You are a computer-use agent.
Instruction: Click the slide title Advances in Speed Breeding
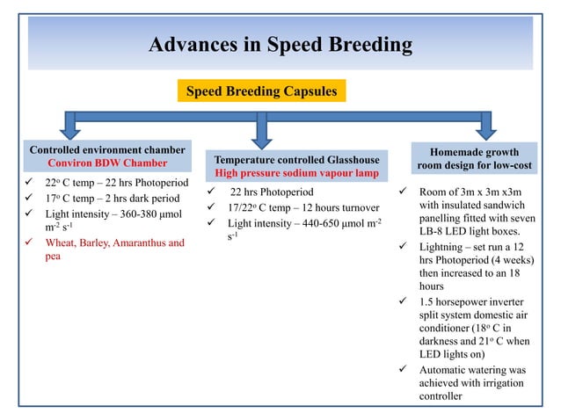pos(280,45)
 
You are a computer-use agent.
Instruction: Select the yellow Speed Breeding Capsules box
pos(260,91)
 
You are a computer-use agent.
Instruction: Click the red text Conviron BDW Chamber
pos(107,163)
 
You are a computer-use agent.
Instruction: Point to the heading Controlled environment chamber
pos(107,150)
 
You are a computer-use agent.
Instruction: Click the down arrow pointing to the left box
pos(69,128)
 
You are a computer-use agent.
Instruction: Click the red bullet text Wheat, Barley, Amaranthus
pos(114,243)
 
